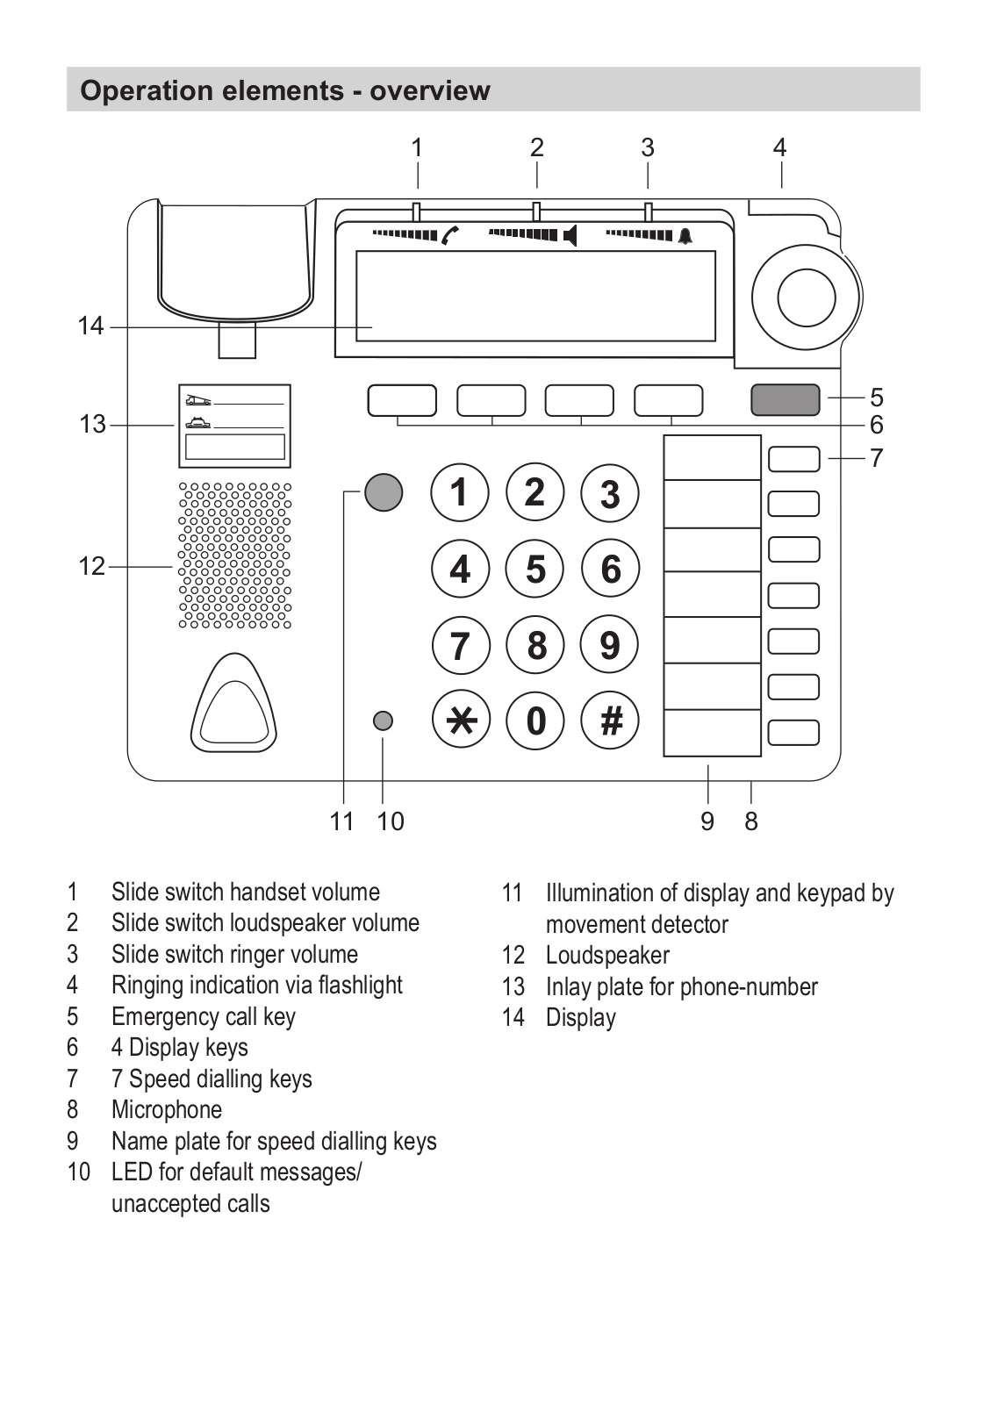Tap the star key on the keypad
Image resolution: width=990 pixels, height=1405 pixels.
[x=461, y=719]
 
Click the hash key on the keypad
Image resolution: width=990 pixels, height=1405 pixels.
[x=611, y=720]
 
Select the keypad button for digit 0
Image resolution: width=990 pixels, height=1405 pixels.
[x=535, y=720]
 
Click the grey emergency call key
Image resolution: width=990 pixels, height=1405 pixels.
[x=785, y=399]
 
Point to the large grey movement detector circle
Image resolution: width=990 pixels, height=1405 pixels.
[x=384, y=491]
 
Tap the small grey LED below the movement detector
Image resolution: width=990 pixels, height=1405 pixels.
[x=383, y=720]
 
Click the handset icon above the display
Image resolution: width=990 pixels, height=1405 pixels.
[x=450, y=235]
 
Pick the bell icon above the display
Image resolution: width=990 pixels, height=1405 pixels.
[x=685, y=236]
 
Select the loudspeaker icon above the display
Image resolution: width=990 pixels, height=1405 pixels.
[x=570, y=236]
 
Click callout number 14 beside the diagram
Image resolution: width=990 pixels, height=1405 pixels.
[x=90, y=326]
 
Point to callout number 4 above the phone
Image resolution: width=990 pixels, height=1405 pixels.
[x=779, y=147]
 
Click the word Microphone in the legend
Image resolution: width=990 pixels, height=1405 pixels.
[x=167, y=1109]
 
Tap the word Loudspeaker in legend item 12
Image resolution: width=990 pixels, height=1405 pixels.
[x=607, y=956]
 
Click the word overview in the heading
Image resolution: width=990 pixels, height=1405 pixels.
[x=430, y=91]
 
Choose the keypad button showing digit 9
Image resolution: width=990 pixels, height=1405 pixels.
[x=610, y=644]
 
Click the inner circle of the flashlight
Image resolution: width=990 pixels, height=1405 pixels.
[x=807, y=297]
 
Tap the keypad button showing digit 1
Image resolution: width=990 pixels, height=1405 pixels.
[x=460, y=492]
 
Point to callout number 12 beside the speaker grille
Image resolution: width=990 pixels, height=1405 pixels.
[x=91, y=566]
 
